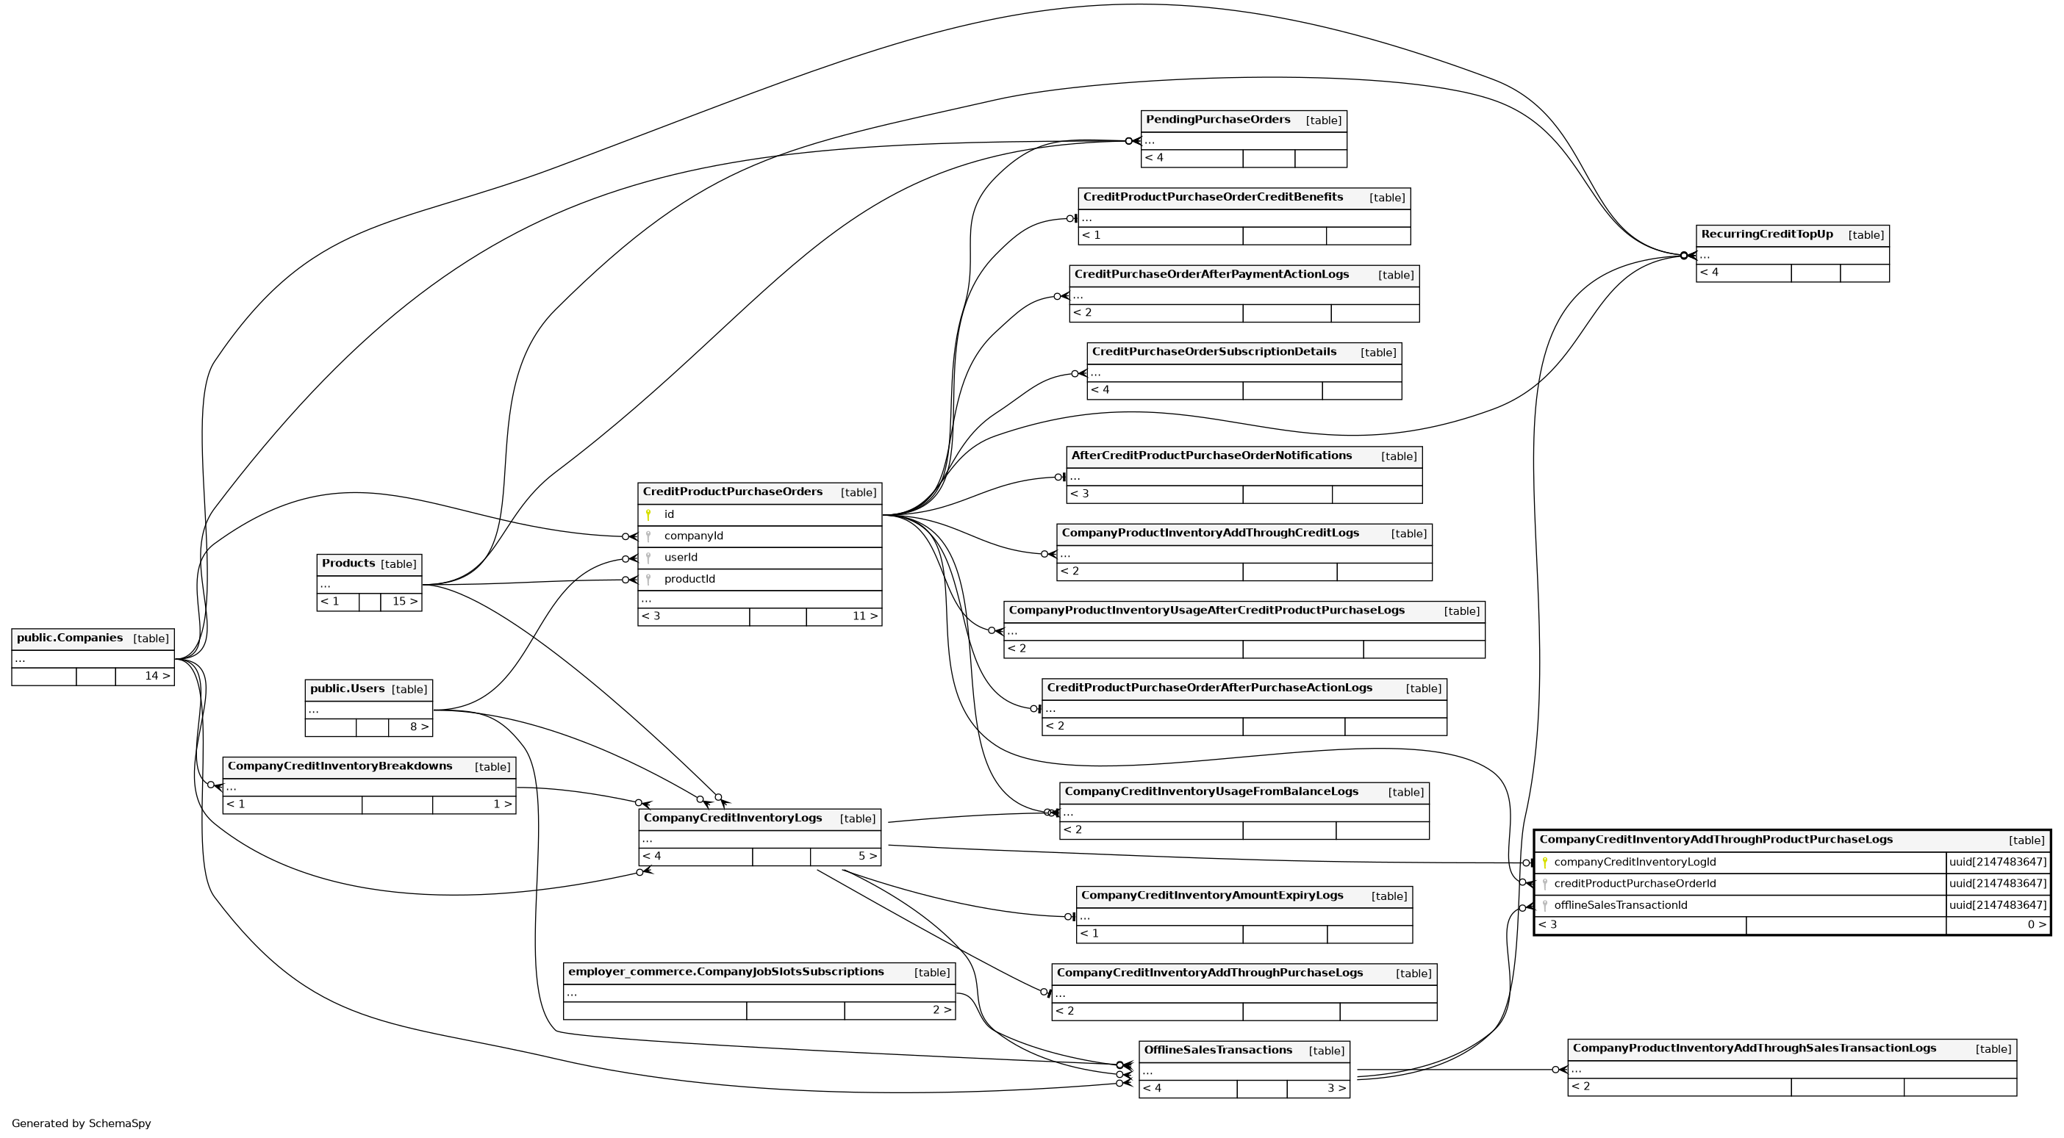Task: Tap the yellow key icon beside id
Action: point(648,515)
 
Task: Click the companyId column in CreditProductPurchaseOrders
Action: point(693,536)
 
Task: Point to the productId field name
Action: point(689,579)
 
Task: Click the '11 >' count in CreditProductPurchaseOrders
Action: point(864,616)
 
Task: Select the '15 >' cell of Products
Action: point(404,602)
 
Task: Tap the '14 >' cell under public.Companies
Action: point(157,677)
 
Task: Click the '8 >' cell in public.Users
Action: point(418,727)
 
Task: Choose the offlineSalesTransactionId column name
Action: point(1620,906)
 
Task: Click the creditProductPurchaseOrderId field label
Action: point(1635,884)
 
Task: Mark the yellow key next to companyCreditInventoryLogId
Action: point(1545,862)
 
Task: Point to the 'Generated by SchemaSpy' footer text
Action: point(81,1123)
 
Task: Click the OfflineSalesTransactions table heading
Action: point(1217,1051)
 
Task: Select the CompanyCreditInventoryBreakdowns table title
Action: point(340,766)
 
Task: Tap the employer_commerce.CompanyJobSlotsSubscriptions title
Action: point(725,972)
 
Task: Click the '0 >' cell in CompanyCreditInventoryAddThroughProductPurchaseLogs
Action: point(2035,925)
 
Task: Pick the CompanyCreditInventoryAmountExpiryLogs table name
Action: point(1211,896)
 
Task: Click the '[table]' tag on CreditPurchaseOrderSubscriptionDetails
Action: point(1377,353)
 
